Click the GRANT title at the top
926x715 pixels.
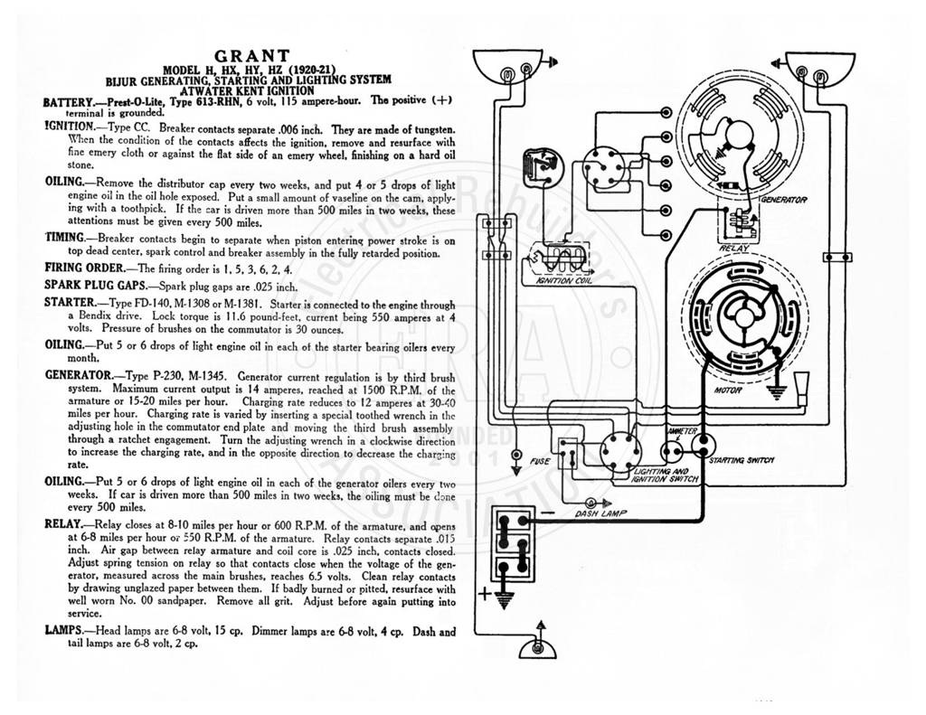(252, 57)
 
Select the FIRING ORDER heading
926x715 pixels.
(84, 268)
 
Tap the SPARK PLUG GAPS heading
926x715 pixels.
(95, 285)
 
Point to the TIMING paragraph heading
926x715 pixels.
(65, 238)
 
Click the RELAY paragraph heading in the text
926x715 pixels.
(64, 524)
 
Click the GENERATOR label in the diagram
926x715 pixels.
(783, 200)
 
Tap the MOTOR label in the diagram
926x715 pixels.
(728, 390)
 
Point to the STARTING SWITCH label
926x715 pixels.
(742, 460)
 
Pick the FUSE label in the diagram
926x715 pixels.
(540, 461)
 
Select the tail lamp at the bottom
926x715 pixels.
(537, 648)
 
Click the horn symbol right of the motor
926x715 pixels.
(801, 389)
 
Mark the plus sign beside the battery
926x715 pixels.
(485, 593)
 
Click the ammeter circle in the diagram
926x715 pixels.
(671, 452)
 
